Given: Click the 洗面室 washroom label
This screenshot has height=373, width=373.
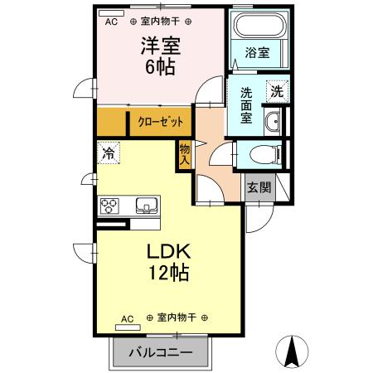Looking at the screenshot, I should click(247, 105).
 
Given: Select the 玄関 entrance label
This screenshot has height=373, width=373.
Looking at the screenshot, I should click(259, 187).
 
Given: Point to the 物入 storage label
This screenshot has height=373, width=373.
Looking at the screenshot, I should click(185, 155).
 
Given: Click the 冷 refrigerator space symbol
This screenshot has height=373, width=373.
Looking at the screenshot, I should click(108, 153).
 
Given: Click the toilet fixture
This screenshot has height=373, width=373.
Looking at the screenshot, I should click(259, 153).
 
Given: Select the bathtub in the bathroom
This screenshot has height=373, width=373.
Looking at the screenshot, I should click(258, 27).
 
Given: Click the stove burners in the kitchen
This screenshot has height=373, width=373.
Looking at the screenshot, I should click(111, 206).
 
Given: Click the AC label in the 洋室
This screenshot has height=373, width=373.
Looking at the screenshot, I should click(111, 22).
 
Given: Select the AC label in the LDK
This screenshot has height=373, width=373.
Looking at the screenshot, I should click(127, 318).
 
